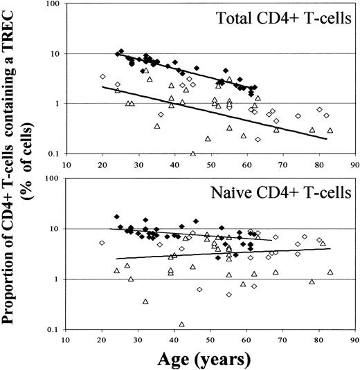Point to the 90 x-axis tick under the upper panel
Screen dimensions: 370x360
[354, 165]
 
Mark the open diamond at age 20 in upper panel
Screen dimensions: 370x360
[102, 76]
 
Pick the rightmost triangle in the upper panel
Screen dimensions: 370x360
[330, 130]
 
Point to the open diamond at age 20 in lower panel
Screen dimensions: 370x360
[102, 243]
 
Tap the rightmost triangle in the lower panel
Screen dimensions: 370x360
[330, 272]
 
